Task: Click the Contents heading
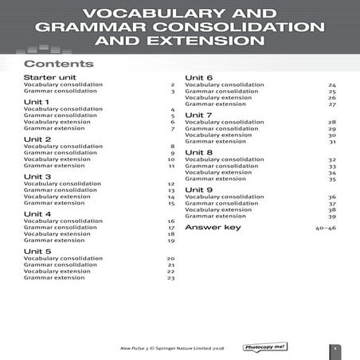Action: (x=59, y=64)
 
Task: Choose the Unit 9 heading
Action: (x=198, y=190)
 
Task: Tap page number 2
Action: (x=172, y=84)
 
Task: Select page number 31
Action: (x=332, y=142)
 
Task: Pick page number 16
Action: (x=170, y=221)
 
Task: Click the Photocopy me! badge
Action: (x=265, y=347)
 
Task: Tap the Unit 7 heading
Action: (x=198, y=115)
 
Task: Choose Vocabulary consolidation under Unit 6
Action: (x=224, y=84)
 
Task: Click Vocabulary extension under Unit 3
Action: (x=57, y=197)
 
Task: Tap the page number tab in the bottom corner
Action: (x=336, y=348)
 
